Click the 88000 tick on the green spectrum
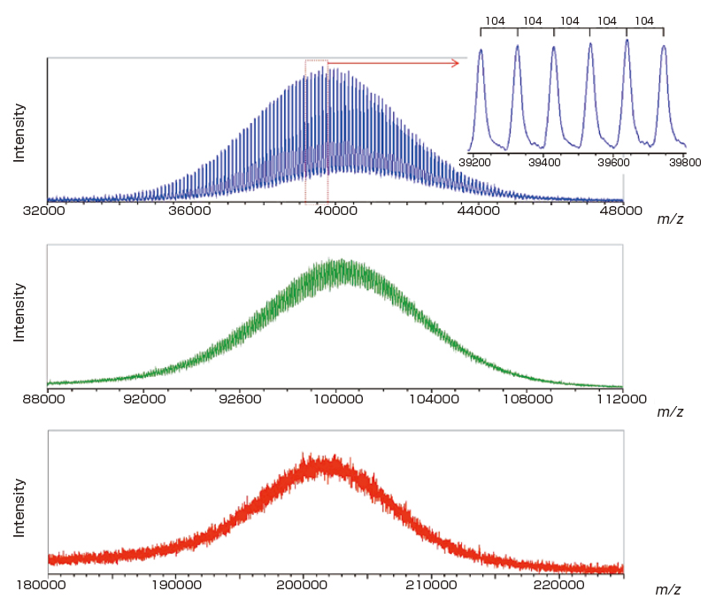(46, 399)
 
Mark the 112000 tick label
(621, 399)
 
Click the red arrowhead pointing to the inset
(455, 63)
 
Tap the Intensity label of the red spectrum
(19, 510)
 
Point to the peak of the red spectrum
(309, 457)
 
